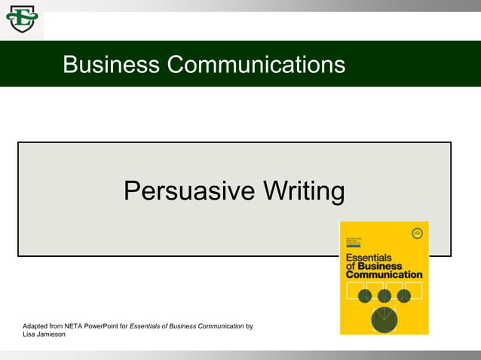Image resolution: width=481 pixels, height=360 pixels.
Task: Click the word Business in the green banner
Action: (x=111, y=65)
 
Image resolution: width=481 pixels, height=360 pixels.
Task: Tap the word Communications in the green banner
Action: (x=256, y=65)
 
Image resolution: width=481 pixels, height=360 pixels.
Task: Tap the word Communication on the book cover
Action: (x=384, y=274)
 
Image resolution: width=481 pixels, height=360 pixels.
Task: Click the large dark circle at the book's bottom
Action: (x=384, y=319)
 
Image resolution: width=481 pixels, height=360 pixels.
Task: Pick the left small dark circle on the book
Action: (x=365, y=296)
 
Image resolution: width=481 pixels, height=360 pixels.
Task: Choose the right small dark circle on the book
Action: (x=403, y=296)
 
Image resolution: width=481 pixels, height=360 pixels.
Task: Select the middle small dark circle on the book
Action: (x=384, y=296)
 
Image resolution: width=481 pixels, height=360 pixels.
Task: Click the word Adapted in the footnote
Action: (x=37, y=326)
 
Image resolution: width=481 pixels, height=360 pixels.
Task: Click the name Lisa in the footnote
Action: (x=30, y=334)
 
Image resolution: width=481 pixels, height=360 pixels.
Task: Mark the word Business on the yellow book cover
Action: (x=379, y=265)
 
